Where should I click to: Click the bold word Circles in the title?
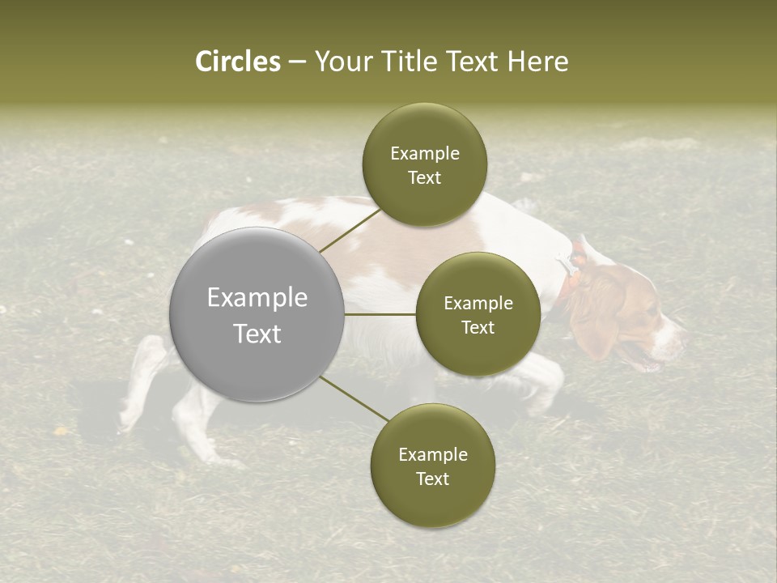tap(237, 62)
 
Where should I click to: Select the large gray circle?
tap(257, 314)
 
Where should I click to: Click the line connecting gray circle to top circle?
tap(350, 229)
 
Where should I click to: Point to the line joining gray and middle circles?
tap(380, 314)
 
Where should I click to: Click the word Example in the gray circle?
tap(257, 297)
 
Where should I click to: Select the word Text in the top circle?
tap(424, 178)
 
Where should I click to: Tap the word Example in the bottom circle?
tap(432, 454)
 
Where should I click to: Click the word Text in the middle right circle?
tap(478, 328)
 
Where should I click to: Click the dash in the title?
tap(296, 62)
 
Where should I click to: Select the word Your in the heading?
tap(340, 62)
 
